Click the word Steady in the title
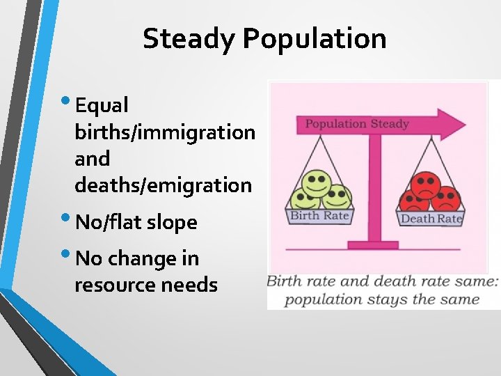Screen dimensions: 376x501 [189, 38]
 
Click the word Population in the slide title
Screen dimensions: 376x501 [315, 38]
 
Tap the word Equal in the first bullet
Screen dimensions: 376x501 [102, 105]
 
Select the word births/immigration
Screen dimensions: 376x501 [165, 132]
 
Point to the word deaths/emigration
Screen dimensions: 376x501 [163, 185]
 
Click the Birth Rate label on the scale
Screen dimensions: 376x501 [319, 216]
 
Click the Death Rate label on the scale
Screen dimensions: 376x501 [431, 219]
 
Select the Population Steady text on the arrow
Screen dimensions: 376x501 [357, 125]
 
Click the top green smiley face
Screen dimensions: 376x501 [317, 182]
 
